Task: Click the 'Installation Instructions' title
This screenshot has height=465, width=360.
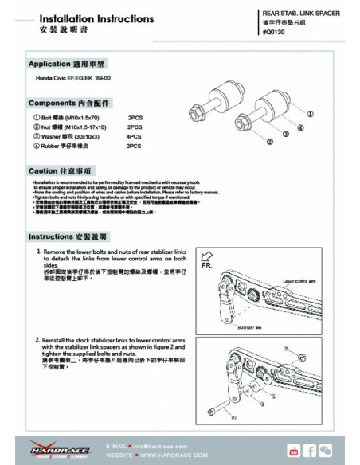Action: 85,17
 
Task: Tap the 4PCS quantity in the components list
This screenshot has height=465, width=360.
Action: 135,136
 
